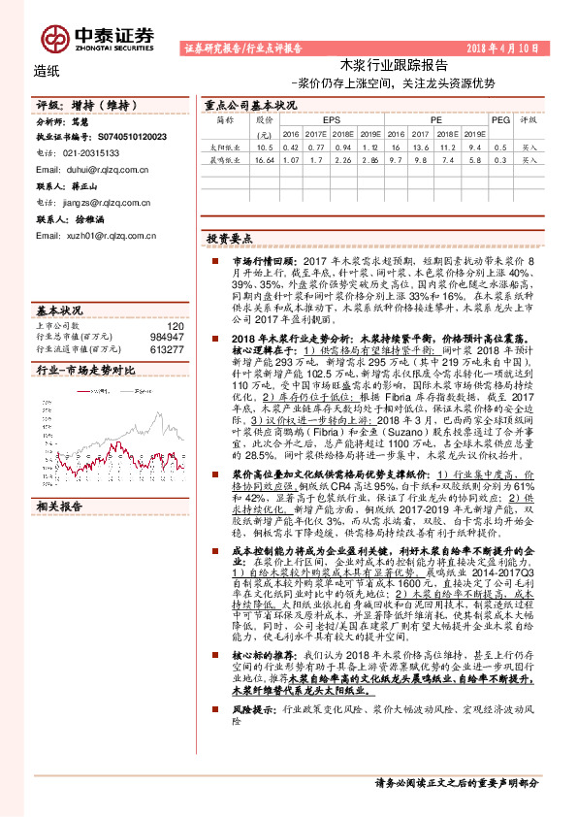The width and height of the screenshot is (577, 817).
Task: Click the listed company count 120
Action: point(175,326)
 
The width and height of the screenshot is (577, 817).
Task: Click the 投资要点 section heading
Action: point(230,238)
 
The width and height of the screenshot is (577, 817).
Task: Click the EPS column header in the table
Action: point(316,119)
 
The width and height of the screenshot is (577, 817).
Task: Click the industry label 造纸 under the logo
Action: point(46,70)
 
